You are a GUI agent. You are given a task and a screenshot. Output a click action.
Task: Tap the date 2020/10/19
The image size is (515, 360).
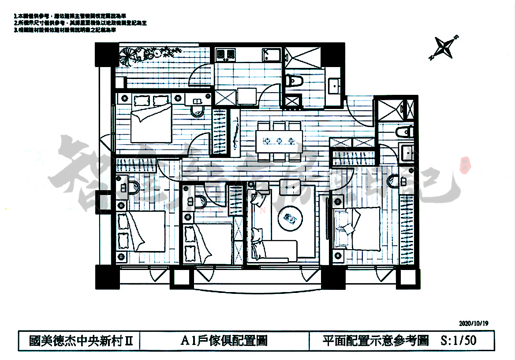pyautogui.click(x=474, y=323)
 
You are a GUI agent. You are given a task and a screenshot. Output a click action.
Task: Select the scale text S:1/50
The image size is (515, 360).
pyautogui.click(x=458, y=341)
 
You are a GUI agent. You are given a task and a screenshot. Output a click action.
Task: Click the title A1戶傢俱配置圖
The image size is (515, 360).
pyautogui.click(x=224, y=341)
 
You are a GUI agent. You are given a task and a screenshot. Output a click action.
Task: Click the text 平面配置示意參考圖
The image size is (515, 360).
pyautogui.click(x=375, y=341)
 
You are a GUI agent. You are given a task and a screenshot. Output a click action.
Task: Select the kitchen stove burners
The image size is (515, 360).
pyautogui.click(x=225, y=54)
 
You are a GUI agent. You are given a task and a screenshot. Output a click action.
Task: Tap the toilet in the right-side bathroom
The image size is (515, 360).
pyautogui.click(x=404, y=131)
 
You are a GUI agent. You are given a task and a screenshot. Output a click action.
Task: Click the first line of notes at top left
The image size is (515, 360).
pyautogui.click(x=66, y=15)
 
